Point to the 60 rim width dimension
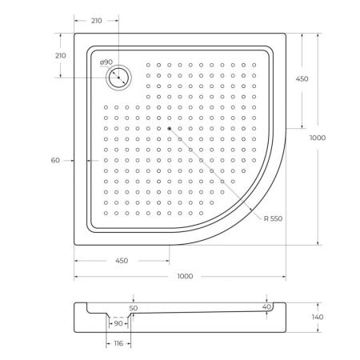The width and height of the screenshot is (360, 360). pyautogui.click(x=55, y=161)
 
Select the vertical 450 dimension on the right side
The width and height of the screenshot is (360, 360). pyautogui.click(x=324, y=79)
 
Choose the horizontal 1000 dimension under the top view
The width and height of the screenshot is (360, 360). pyautogui.click(x=185, y=277)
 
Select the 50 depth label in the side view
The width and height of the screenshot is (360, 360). pyautogui.click(x=133, y=308)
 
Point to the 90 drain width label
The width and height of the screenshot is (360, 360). pyautogui.click(x=118, y=323)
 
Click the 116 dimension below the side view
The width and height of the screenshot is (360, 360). pyautogui.click(x=118, y=342)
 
